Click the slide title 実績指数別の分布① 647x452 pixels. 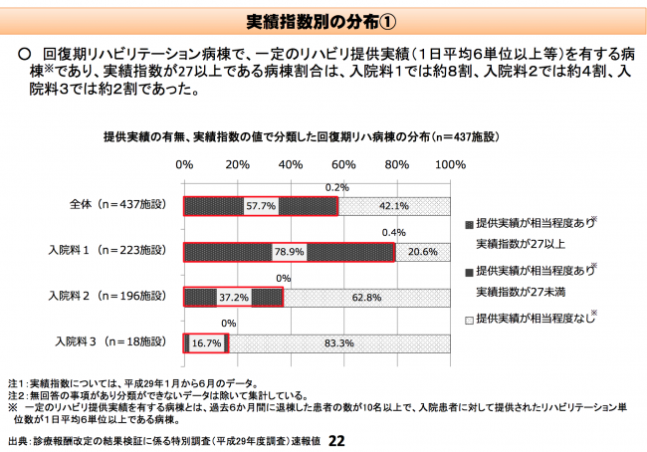click(x=323, y=22)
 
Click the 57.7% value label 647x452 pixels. click(x=260, y=206)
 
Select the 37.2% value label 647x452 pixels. click(x=235, y=297)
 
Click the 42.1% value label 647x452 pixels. click(x=395, y=206)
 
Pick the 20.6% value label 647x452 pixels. click(x=423, y=252)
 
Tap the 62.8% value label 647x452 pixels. click(x=366, y=297)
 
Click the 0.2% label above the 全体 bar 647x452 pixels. click(x=336, y=186)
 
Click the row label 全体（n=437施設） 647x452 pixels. click(x=116, y=204)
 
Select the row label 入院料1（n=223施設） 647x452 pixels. click(x=114, y=250)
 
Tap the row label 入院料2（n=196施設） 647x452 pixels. click(x=114, y=296)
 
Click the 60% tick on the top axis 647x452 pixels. click(x=344, y=163)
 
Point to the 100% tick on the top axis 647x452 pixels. click(x=449, y=163)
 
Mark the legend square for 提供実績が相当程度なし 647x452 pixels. click(x=469, y=319)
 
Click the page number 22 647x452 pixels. click(x=335, y=440)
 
